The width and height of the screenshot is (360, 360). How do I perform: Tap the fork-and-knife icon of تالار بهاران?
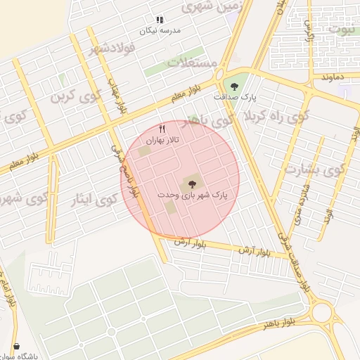tap(162, 129)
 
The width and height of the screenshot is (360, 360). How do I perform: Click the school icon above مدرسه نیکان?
tap(160, 20)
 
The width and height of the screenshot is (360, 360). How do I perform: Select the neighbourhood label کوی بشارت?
tap(314, 169)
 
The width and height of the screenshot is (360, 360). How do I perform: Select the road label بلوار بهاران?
tap(118, 96)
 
